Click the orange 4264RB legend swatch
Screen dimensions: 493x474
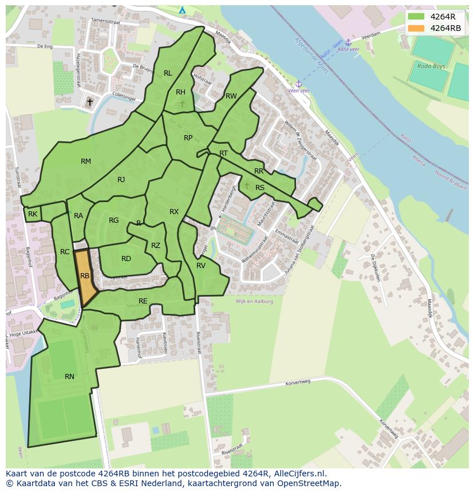coord(416,28)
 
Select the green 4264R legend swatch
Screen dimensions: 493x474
coord(416,17)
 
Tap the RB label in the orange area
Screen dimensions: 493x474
coord(85,276)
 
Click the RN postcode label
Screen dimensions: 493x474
coord(69,376)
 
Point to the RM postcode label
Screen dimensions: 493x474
coord(86,161)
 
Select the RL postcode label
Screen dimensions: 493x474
coord(168,73)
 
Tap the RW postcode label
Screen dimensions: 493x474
coord(231,96)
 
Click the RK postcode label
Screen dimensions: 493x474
coord(33,214)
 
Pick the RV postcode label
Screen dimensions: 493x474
coord(201,266)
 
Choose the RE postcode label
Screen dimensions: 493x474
coord(143,301)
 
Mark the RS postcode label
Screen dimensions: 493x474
coord(260,187)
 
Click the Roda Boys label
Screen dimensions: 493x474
coord(431,66)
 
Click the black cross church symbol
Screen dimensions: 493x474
coord(89,102)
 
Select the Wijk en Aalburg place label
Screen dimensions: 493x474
coord(254,301)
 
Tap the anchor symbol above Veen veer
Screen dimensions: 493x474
coord(298,84)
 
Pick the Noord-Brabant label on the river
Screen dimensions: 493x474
coord(451,176)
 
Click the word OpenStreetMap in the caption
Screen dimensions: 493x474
coord(309,483)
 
